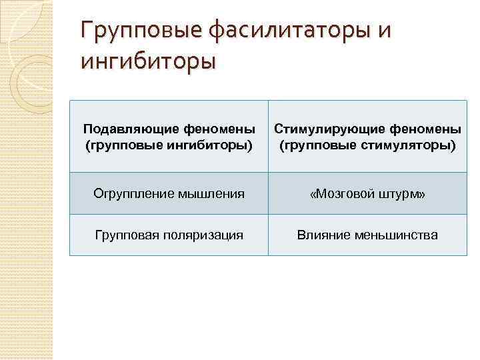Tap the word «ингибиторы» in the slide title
[x=148, y=62]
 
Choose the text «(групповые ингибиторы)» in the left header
[x=169, y=145]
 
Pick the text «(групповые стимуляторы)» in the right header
[x=368, y=145]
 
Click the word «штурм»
[x=399, y=194]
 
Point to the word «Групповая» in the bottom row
[x=125, y=235]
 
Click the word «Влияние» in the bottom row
[x=323, y=235]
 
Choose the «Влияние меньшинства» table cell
[x=368, y=235]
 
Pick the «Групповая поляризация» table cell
[x=169, y=235]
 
